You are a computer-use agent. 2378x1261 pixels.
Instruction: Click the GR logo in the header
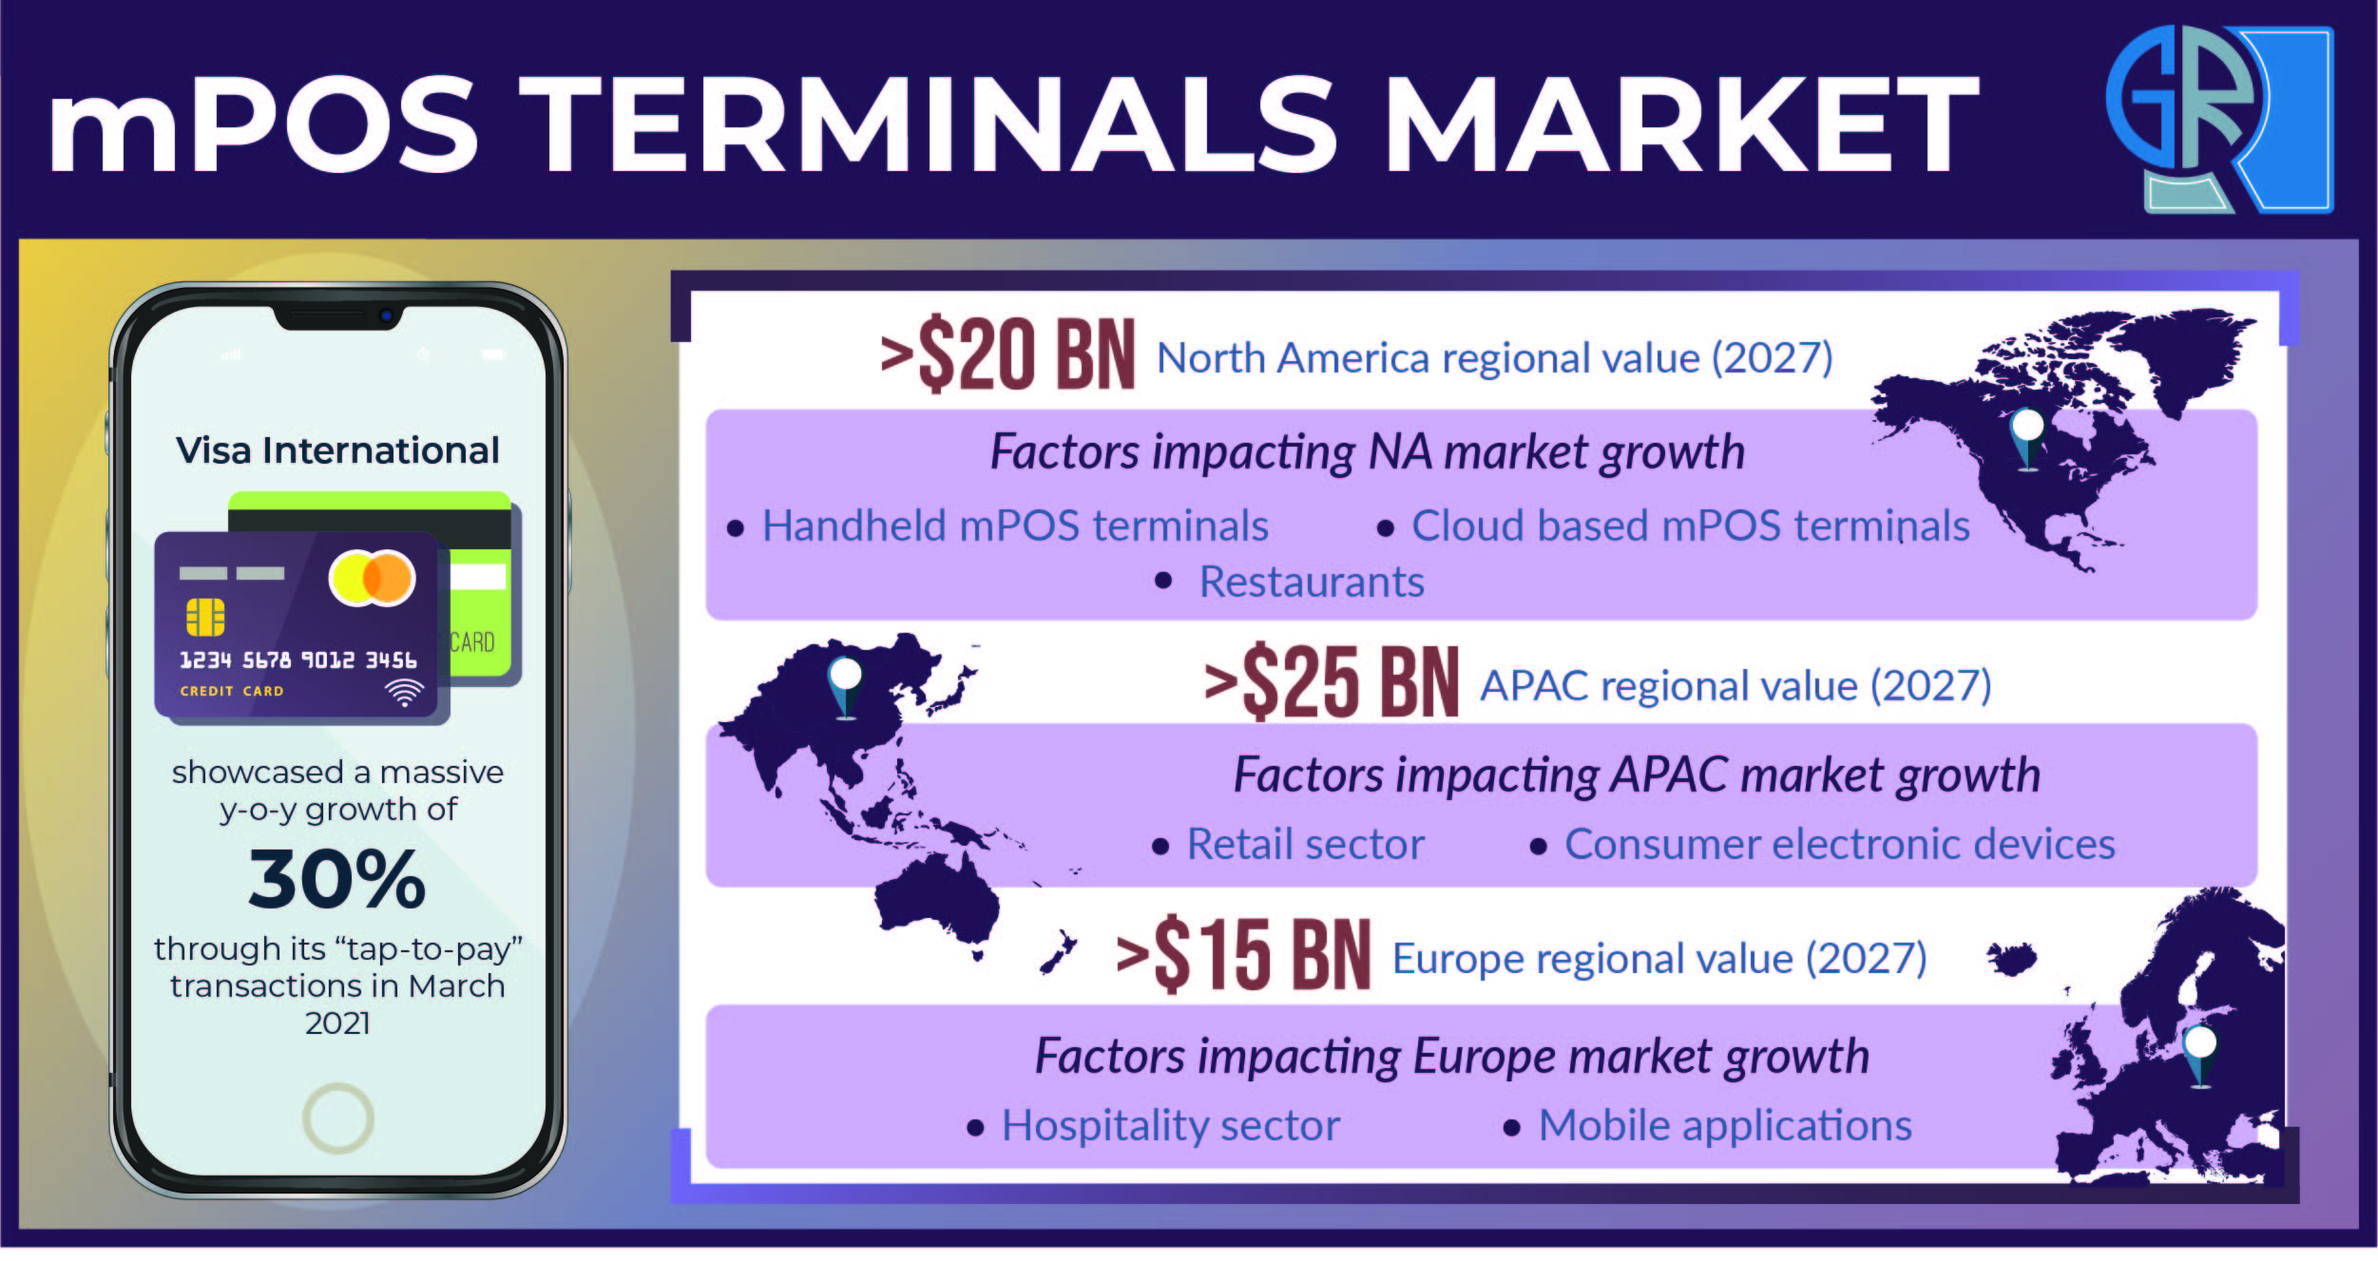[2220, 119]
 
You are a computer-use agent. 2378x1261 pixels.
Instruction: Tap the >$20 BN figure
[1007, 355]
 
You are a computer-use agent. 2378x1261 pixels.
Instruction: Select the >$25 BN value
[1331, 682]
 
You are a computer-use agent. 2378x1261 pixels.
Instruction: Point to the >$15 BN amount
[1243, 955]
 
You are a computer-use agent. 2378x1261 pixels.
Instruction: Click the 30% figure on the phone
[337, 879]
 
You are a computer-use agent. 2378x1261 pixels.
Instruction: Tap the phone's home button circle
[337, 1118]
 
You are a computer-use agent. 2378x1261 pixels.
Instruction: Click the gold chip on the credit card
[205, 617]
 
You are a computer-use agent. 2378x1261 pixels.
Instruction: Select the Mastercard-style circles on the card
[372, 578]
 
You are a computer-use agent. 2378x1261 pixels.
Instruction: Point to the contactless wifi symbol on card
[404, 693]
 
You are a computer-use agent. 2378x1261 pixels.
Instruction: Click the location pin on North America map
[2026, 438]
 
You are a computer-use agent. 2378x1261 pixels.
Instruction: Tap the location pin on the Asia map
[845, 686]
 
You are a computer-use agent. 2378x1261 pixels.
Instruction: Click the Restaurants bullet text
[1312, 582]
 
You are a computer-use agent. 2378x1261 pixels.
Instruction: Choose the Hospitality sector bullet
[1171, 1126]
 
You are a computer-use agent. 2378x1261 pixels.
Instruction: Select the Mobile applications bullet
[1725, 1126]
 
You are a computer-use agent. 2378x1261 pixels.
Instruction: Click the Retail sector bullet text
[1306, 844]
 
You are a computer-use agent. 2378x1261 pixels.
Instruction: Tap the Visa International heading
[337, 450]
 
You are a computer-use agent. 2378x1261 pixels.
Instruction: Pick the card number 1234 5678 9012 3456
[298, 659]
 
